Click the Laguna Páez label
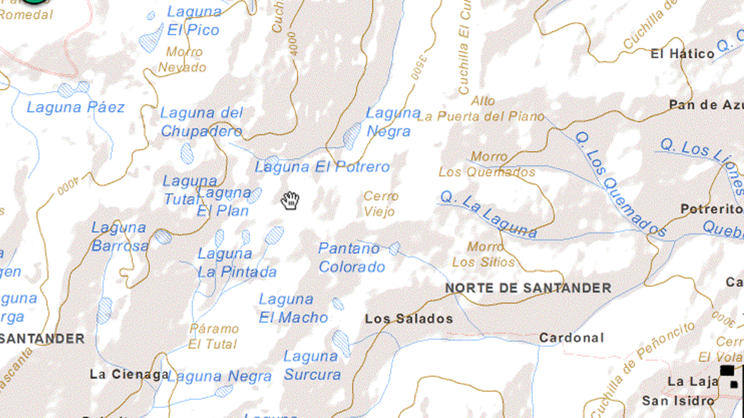point(76,107)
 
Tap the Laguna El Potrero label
point(322,167)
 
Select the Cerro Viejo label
point(381,204)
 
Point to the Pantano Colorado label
point(351,257)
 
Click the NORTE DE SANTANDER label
point(528,288)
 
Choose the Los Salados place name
point(408,319)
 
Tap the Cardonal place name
point(571,338)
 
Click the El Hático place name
point(682,54)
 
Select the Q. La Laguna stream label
point(489,214)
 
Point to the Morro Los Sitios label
point(484,255)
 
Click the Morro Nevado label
point(182,60)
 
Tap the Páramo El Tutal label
point(214,336)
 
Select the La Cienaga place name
point(130,374)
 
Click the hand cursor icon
point(290,200)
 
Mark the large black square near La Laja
point(727,371)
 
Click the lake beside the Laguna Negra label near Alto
point(352,136)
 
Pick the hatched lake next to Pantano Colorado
point(394,249)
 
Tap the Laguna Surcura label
point(312,365)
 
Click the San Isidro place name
point(678,401)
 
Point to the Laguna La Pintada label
point(237,262)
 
